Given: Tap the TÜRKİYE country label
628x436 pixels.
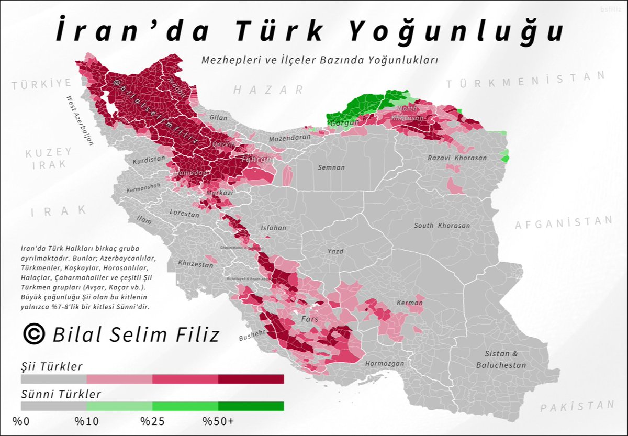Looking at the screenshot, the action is click(42, 84).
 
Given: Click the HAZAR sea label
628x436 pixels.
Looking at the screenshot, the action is click(268, 90).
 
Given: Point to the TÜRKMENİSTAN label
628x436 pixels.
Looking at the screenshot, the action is click(525, 80).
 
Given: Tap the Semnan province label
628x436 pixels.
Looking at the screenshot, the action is click(331, 167).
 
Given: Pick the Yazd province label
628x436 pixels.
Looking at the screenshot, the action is click(335, 251).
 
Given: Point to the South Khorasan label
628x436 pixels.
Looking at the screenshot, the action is click(442, 226).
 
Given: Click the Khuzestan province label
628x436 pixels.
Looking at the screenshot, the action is click(195, 265).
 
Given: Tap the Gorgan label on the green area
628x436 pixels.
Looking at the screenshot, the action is click(343, 122).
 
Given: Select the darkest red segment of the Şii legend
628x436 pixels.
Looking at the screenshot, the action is click(251, 379).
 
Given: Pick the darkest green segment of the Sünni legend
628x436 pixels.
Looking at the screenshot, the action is click(251, 406).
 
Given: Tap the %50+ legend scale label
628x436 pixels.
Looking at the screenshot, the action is click(218, 421).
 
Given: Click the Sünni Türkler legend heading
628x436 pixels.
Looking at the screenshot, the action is click(61, 394).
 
